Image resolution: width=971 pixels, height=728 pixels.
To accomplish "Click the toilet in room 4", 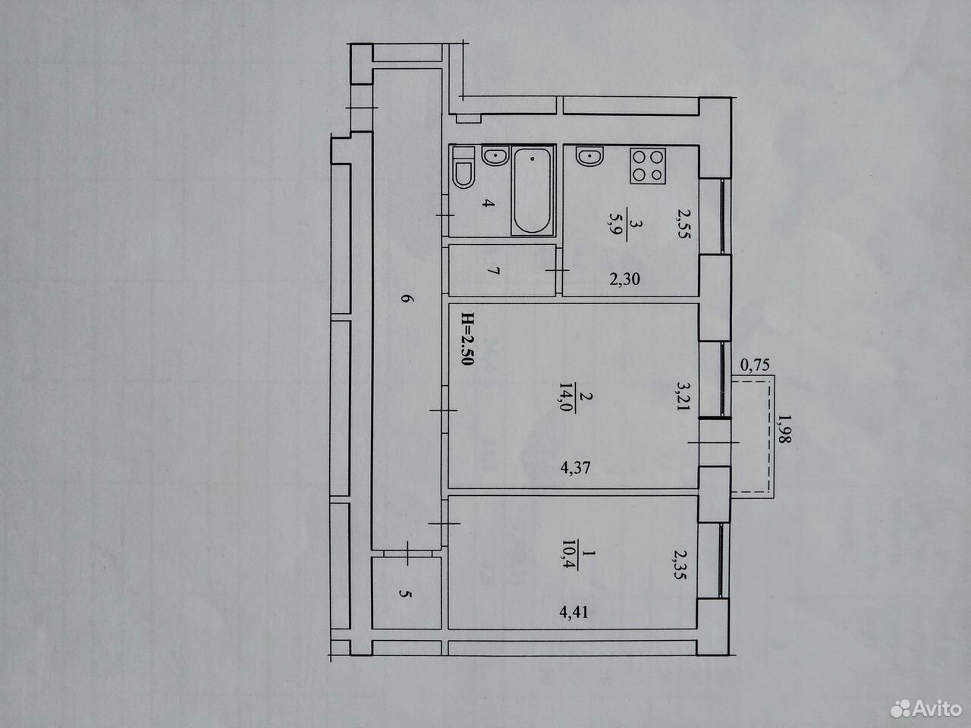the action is [x=464, y=168].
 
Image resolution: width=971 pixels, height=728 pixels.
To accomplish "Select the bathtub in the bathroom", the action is [x=533, y=190].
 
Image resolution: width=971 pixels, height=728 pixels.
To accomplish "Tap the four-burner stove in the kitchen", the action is [x=648, y=166].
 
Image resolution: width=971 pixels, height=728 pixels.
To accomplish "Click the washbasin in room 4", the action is [x=495, y=155].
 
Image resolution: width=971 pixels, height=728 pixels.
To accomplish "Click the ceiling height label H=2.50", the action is [x=467, y=339].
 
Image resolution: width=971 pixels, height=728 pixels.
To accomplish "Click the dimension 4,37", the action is [x=576, y=468].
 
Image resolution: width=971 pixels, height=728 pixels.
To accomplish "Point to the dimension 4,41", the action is [x=574, y=612].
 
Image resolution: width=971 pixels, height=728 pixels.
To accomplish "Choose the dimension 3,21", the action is [x=683, y=396].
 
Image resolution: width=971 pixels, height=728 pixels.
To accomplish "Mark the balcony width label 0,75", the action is [x=755, y=365].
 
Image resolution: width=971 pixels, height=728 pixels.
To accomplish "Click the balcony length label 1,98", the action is [x=785, y=428].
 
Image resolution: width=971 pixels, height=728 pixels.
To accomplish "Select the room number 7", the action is [x=495, y=271].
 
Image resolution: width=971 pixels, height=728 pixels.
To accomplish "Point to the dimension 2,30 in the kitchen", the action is [x=624, y=279].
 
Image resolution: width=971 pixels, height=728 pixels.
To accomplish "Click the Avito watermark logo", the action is [x=926, y=709].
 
